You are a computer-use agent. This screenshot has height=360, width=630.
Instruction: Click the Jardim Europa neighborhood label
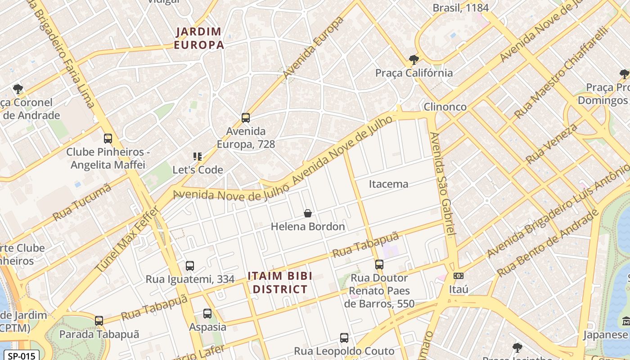click(x=198, y=38)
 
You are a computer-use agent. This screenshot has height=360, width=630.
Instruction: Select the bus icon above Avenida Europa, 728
click(x=245, y=118)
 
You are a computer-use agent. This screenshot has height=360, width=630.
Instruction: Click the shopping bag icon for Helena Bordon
click(x=308, y=213)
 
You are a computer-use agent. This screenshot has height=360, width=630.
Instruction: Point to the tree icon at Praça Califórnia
click(x=414, y=59)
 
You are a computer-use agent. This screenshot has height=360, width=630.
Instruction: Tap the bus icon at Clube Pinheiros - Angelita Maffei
click(x=108, y=138)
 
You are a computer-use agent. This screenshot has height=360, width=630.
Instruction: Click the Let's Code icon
click(x=197, y=157)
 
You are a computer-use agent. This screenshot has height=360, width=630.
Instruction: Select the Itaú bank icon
click(x=459, y=276)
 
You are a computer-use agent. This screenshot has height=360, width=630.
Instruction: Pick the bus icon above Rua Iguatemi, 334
click(x=189, y=266)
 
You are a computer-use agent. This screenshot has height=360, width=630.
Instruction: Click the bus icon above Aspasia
click(x=207, y=313)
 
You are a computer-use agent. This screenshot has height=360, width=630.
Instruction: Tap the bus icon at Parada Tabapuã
click(x=99, y=321)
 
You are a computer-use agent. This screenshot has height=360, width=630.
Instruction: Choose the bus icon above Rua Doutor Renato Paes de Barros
click(x=379, y=264)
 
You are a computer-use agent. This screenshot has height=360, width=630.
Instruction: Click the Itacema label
click(x=388, y=184)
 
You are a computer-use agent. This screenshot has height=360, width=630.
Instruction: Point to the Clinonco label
click(x=445, y=107)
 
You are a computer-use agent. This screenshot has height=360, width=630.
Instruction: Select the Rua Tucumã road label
click(x=82, y=202)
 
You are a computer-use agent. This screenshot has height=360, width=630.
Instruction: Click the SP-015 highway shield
click(x=21, y=355)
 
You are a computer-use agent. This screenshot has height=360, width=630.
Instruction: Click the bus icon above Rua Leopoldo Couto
click(x=344, y=337)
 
